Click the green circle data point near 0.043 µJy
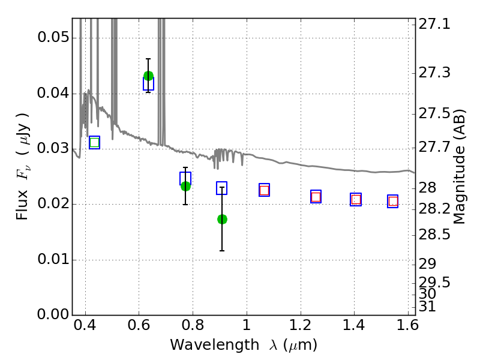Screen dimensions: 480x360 click(x=148, y=76)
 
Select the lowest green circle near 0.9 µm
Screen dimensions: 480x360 click(x=222, y=219)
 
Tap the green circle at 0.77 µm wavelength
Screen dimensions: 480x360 click(x=185, y=186)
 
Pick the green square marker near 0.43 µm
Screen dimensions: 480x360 click(x=95, y=142)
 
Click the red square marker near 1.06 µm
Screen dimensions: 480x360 click(x=264, y=190)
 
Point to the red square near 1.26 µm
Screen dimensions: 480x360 click(x=316, y=197)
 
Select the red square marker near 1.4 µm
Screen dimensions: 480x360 click(x=356, y=200)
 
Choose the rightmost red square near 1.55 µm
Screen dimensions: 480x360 click(x=393, y=202)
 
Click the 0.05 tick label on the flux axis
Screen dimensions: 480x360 click(x=53, y=38)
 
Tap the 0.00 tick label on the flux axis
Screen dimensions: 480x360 click(x=53, y=314)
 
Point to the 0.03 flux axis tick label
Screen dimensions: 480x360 click(x=53, y=148)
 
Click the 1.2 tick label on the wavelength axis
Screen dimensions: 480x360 click(x=301, y=325)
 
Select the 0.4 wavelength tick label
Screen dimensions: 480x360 click(x=85, y=325)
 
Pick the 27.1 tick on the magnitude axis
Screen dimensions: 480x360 click(x=434, y=24)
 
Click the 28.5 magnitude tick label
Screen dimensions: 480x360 click(x=434, y=235)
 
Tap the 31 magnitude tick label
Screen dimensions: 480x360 click(x=427, y=307)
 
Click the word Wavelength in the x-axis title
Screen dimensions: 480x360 click(x=215, y=345)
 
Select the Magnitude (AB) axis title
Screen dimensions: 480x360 click(x=459, y=167)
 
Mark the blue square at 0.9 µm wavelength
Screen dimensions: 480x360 click(x=221, y=188)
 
